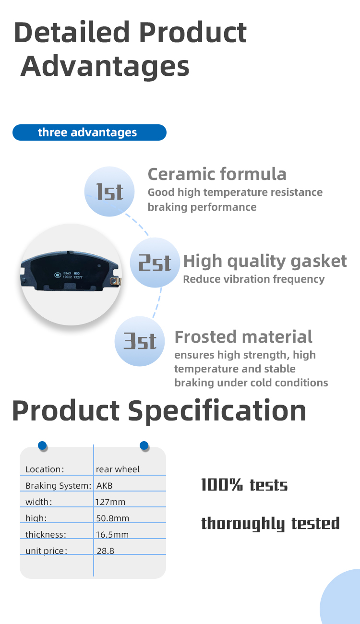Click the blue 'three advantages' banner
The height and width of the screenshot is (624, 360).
pos(89,132)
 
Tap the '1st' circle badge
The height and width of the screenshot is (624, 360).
pos(109,192)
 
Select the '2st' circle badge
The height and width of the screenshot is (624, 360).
pos(155,263)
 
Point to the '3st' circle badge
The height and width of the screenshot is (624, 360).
pos(140,341)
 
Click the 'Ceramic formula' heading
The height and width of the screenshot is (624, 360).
pos(217,174)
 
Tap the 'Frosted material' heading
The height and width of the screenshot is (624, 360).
pos(243,337)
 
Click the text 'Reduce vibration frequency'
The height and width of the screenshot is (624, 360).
pos(254,279)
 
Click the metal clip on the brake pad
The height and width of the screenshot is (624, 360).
pos(116,281)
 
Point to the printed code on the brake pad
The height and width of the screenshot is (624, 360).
pos(72,275)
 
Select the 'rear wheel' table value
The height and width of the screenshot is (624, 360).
pos(118,469)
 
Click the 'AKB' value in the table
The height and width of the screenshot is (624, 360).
pos(105,486)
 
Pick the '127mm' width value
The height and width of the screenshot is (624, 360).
pos(110,502)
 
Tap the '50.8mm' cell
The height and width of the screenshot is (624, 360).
pos(113,518)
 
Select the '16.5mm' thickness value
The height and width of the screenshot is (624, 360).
pos(112,535)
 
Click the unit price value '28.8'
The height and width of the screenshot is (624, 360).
pos(105,551)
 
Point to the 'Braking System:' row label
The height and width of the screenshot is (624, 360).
pos(59,486)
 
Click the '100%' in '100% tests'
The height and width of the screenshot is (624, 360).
pos(222,485)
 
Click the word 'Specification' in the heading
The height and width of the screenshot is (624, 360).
pos(217,411)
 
